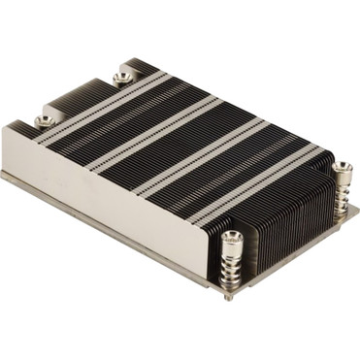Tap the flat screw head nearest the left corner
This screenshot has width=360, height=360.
[x=44, y=120]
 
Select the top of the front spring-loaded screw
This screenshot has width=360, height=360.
[x=232, y=236]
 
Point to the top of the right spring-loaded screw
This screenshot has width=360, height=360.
[x=342, y=169]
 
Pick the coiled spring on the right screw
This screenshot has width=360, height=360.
[x=343, y=191]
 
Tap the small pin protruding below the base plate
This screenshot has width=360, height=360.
[x=228, y=295]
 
